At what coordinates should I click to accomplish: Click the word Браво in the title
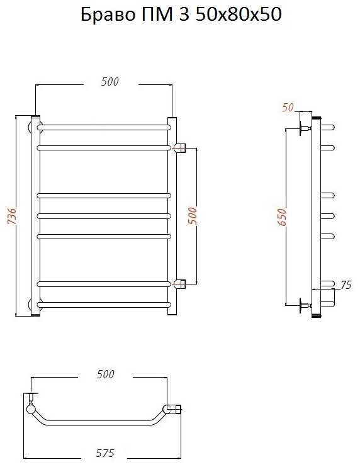tap(108, 14)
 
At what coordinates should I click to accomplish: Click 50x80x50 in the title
tap(239, 14)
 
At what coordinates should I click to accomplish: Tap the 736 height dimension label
tap(11, 216)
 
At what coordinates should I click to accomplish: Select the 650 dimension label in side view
tap(282, 217)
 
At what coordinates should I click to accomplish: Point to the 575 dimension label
tap(105, 453)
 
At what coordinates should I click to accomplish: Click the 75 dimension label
tap(346, 285)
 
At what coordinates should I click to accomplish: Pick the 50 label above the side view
tap(288, 108)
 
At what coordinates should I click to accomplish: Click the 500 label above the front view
tap(110, 82)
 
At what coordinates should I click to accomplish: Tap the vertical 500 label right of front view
tap(193, 216)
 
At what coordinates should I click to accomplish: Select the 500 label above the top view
tap(105, 374)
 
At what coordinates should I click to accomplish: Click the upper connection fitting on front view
tap(179, 147)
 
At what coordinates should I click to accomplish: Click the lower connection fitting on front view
tap(179, 284)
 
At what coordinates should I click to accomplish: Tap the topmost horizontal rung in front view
tap(104, 128)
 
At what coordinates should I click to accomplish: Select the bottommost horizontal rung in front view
tap(104, 305)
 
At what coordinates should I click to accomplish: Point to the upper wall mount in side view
tap(305, 128)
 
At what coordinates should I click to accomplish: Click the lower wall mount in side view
tap(305, 305)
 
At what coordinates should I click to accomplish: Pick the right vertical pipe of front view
tap(172, 216)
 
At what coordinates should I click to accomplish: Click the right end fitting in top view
tap(172, 409)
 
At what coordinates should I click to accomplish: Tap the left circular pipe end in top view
tap(31, 409)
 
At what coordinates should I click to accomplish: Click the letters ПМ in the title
tap(158, 14)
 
